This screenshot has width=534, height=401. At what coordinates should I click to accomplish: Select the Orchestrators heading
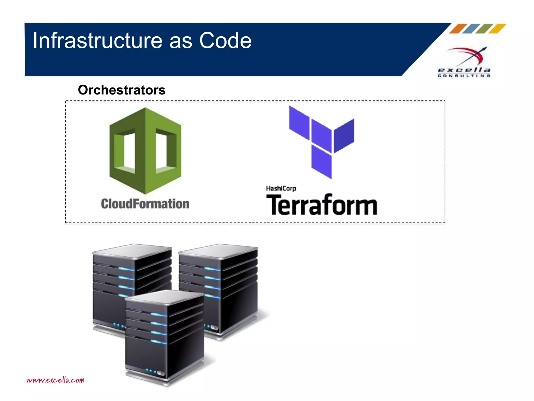tap(122, 90)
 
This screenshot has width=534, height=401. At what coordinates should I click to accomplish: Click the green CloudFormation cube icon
tap(145, 151)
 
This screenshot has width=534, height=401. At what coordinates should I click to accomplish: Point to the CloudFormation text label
tap(145, 204)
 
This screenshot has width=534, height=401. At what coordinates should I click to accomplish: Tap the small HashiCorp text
tap(281, 188)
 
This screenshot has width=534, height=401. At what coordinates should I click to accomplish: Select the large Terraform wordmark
tap(322, 205)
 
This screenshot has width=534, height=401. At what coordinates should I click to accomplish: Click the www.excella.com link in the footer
tap(55, 380)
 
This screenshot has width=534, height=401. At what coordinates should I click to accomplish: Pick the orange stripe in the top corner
tap(458, 29)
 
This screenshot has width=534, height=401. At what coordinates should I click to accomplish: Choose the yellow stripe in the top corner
tap(497, 29)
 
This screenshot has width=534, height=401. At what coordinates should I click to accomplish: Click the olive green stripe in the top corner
tap(484, 29)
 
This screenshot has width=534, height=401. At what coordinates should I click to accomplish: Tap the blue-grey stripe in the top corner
tap(471, 29)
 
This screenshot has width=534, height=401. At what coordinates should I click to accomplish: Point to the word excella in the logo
tap(464, 70)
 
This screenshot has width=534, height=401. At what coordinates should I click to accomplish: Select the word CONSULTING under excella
tap(464, 76)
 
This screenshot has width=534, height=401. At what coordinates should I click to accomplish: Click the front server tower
tap(164, 337)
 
